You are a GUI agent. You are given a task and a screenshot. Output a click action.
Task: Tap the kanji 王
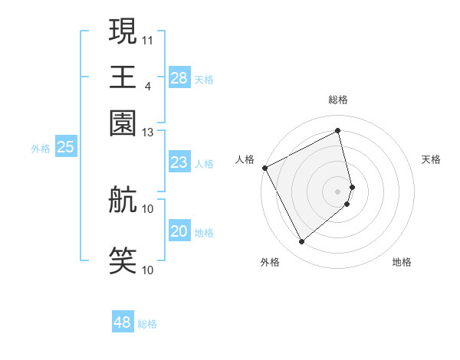pyautogui.click(x=123, y=77)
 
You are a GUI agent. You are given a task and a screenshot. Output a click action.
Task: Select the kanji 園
pyautogui.click(x=123, y=123)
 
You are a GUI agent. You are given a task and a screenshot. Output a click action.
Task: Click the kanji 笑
pyautogui.click(x=123, y=260)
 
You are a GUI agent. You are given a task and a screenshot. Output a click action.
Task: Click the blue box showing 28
pyautogui.click(x=179, y=78)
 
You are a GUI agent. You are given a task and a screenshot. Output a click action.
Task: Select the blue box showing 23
pyautogui.click(x=179, y=162)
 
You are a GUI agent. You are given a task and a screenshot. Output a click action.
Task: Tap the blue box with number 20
pyautogui.click(x=179, y=231)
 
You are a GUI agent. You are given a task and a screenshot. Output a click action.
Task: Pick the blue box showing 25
pyautogui.click(x=66, y=148)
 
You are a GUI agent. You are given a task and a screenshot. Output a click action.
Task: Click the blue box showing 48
pyautogui.click(x=123, y=322)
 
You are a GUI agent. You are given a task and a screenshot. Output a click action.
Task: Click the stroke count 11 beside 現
pyautogui.click(x=148, y=39)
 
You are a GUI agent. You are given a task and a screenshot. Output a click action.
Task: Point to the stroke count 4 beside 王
pyautogui.click(x=147, y=86)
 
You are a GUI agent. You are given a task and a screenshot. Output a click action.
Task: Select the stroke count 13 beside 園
pyautogui.click(x=148, y=132)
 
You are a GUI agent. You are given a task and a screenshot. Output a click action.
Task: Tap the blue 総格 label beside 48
pyautogui.click(x=147, y=324)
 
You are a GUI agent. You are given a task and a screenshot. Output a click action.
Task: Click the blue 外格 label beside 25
pyautogui.click(x=40, y=149)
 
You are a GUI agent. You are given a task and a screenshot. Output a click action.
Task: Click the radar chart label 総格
pyautogui.click(x=338, y=100)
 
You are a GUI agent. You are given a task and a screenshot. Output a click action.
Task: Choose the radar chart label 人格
pyautogui.click(x=245, y=159)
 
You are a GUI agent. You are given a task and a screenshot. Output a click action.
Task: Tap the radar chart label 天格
pyautogui.click(x=431, y=159)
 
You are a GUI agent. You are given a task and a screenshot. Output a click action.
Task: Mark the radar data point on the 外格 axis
pyautogui.click(x=301, y=241)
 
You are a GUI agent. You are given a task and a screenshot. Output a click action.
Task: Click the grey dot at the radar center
pyautogui.click(x=338, y=190)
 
